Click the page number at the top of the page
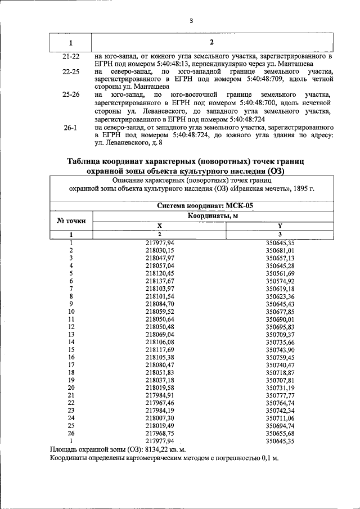191,21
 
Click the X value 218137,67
159,281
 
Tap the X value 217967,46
159,403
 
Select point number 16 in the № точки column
71,357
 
